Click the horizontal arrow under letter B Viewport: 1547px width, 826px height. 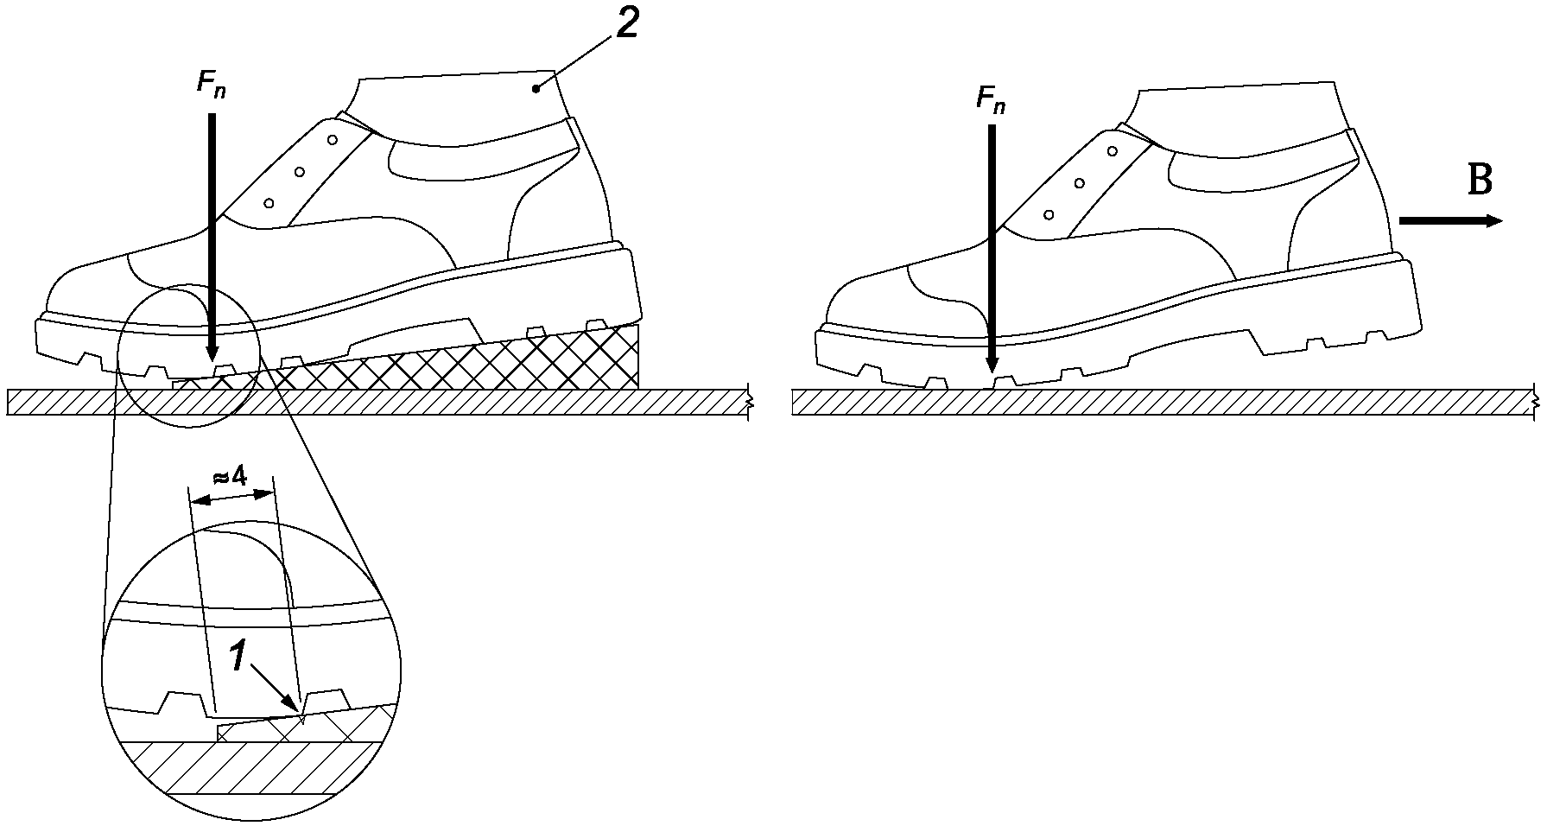[1451, 221]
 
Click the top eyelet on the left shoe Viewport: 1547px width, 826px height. [332, 138]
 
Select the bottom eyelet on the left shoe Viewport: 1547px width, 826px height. [269, 203]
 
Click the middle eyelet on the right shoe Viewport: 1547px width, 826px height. [1080, 183]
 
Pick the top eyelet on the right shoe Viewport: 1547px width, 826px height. [1113, 151]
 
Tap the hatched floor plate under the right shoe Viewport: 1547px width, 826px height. [1162, 403]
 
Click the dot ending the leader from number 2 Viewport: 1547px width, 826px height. [536, 87]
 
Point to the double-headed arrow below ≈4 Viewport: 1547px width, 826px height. [231, 497]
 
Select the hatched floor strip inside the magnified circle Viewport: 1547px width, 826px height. [250, 768]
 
